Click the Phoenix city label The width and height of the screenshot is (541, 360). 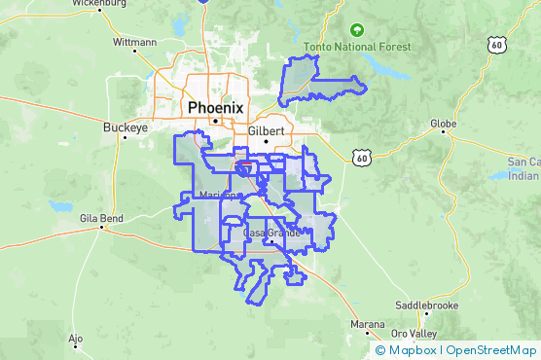point(217,107)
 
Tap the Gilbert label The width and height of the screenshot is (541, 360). point(266,130)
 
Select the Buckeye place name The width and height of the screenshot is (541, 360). point(125,126)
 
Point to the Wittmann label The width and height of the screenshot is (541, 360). point(134,43)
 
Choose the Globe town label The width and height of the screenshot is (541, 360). point(445,124)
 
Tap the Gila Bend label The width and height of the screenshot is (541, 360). point(101,219)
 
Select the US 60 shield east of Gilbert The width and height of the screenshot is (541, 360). point(361,156)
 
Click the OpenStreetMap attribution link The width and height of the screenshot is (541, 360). point(491,350)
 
